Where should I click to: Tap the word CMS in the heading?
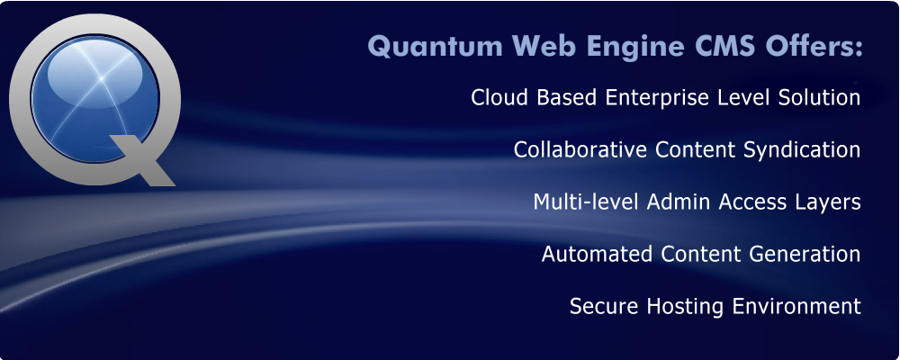725,47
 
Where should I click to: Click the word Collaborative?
580,149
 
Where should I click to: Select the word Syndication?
802,151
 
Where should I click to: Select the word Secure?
604,306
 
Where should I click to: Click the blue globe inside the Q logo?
94,99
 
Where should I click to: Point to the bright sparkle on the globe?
102,77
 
